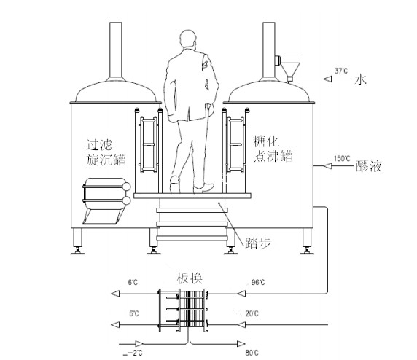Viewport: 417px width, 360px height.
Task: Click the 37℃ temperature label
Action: (x=341, y=71)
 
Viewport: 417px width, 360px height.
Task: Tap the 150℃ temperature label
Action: (x=342, y=158)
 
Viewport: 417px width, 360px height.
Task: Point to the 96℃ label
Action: (x=258, y=282)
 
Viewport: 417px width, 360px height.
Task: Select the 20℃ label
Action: (x=252, y=314)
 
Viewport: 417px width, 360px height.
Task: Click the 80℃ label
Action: (x=252, y=353)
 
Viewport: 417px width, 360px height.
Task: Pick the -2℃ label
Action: (x=133, y=353)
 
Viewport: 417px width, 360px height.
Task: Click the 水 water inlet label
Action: (x=360, y=79)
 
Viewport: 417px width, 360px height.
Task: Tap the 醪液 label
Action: (x=369, y=166)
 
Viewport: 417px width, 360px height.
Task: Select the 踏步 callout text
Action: (x=257, y=243)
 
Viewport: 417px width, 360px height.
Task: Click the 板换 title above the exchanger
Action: (x=190, y=278)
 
